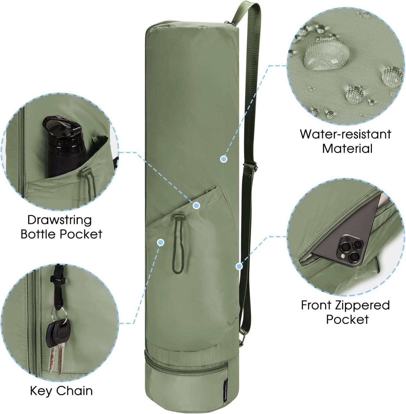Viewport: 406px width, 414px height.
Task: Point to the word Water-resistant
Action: (345, 134)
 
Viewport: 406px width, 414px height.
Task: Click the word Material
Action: (347, 149)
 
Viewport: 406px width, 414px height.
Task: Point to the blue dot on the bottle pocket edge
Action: (197, 206)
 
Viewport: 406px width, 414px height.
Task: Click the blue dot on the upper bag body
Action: (224, 159)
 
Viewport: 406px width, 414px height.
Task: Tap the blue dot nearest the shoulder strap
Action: (239, 267)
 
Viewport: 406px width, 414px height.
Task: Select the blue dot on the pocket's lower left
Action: (161, 242)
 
